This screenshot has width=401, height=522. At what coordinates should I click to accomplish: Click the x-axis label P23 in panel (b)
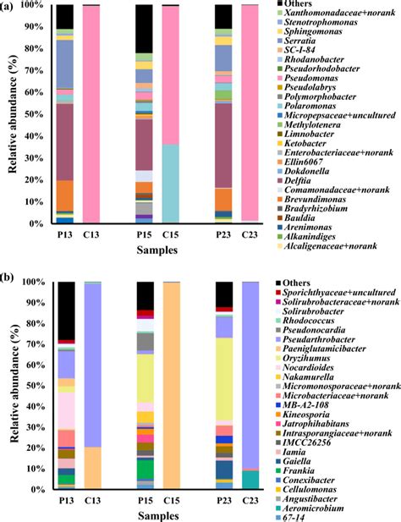[223, 502]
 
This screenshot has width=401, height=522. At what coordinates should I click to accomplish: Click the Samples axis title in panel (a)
[158, 251]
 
